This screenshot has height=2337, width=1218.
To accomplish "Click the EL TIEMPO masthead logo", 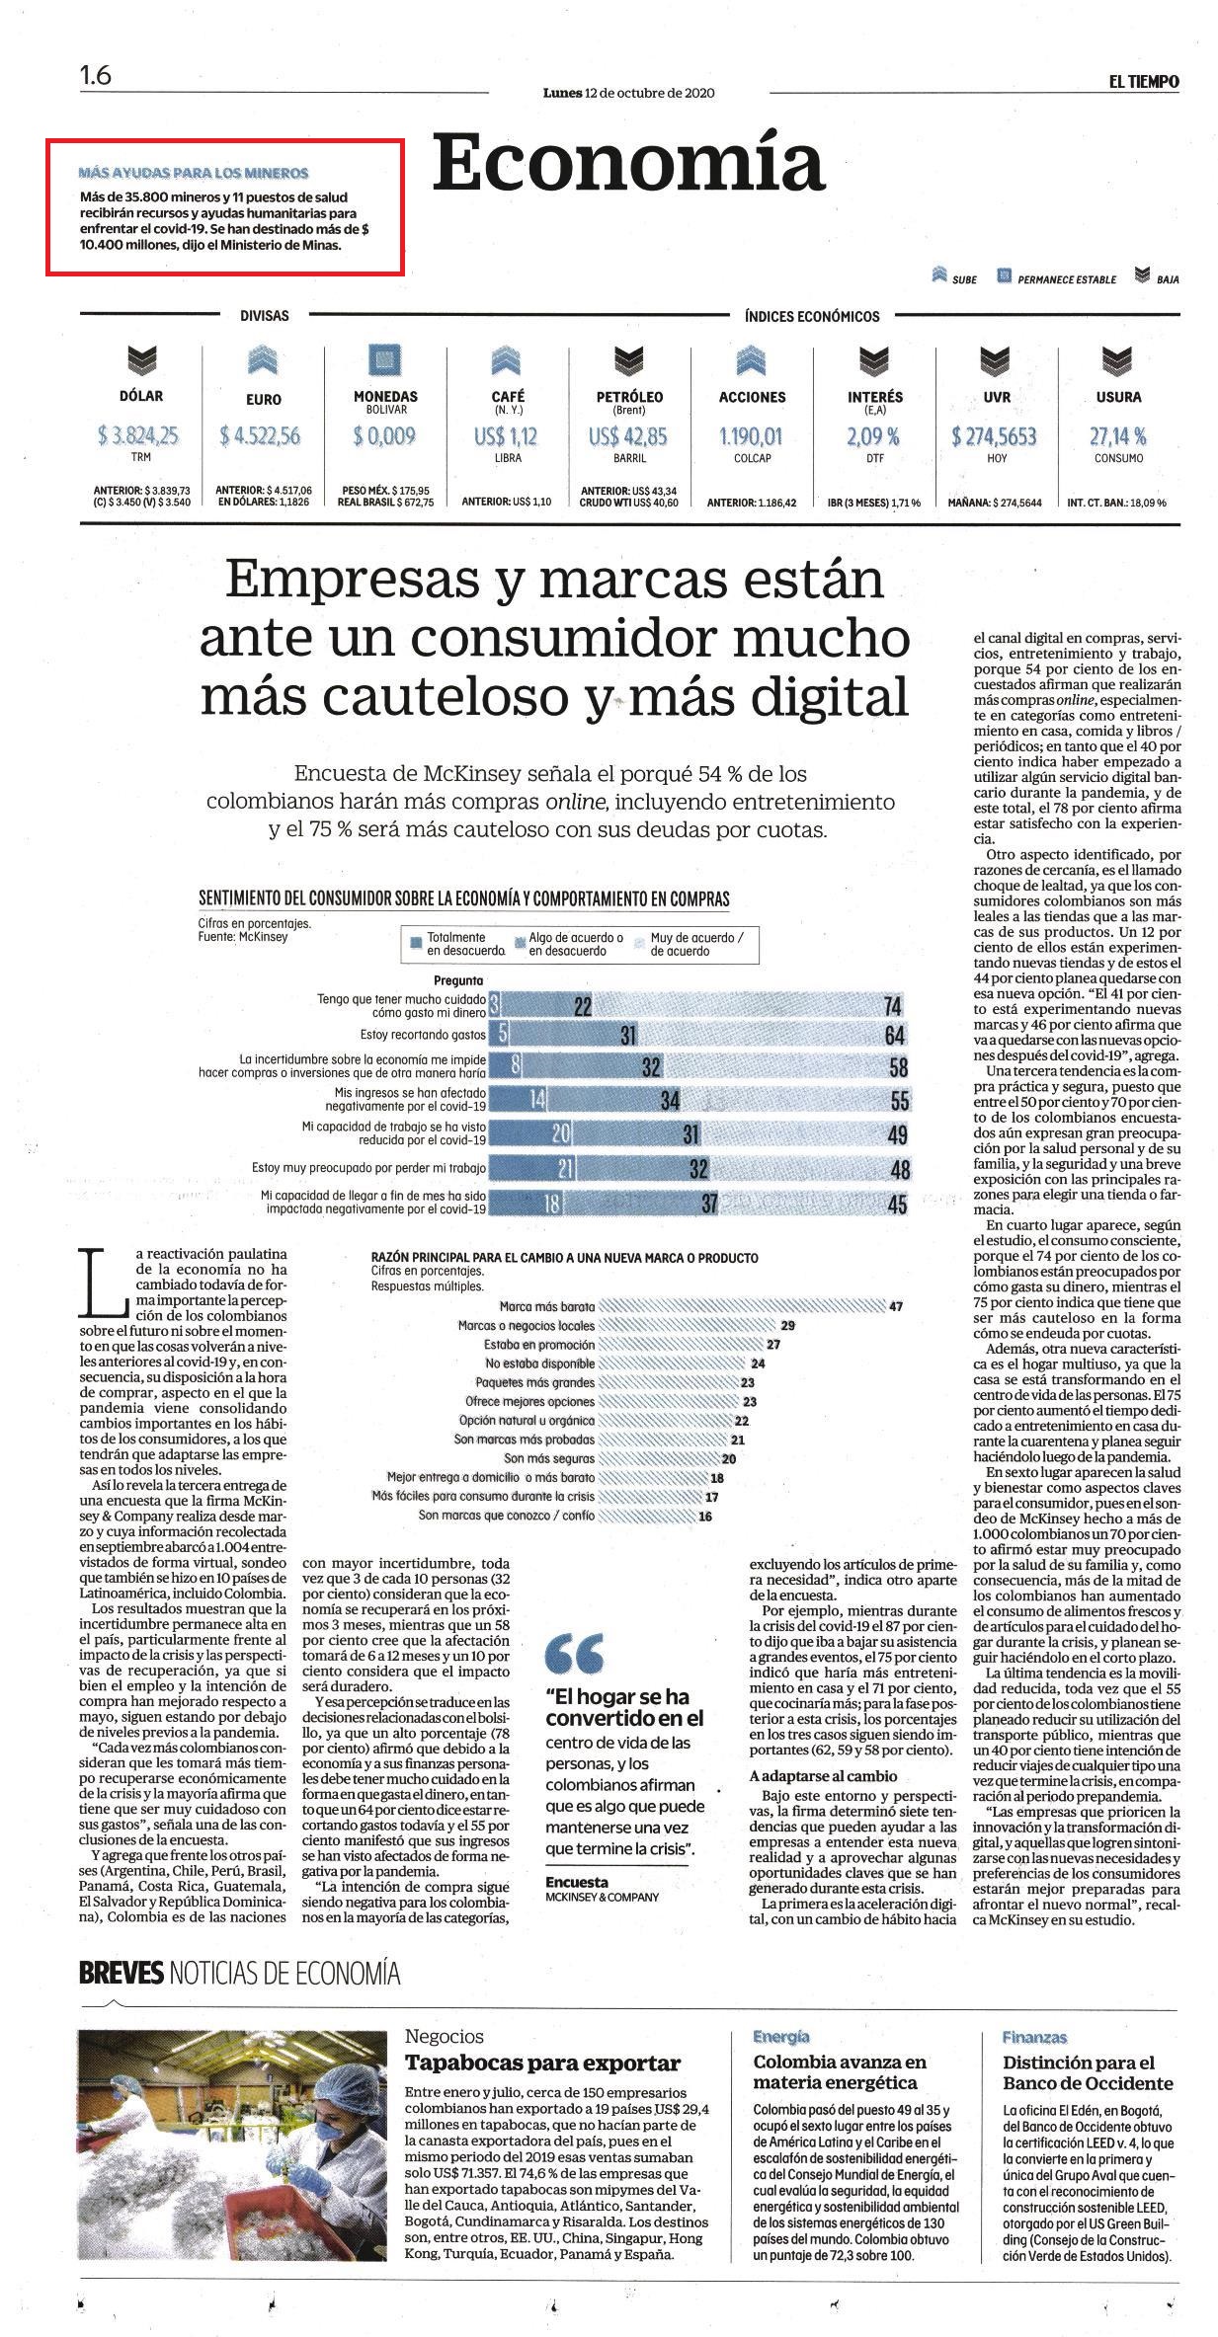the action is tap(1143, 82).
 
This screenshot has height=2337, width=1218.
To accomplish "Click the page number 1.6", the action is tap(96, 76).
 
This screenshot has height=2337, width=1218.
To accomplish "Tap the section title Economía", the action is tap(628, 163).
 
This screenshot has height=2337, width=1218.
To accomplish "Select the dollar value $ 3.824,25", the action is tap(139, 435).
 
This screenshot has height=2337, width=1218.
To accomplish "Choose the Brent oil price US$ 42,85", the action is tap(627, 435).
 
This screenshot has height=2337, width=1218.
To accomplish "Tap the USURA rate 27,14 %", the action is tap(1118, 435).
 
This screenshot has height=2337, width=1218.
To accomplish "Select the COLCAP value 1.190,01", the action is tap(751, 435).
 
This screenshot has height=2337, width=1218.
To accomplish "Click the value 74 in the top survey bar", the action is tap(895, 1005).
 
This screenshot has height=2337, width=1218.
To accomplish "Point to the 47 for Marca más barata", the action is tap(895, 1306).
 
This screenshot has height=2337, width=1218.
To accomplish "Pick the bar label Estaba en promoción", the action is tap(539, 1345).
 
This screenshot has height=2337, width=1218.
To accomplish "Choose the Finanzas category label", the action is tap(1034, 2037).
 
